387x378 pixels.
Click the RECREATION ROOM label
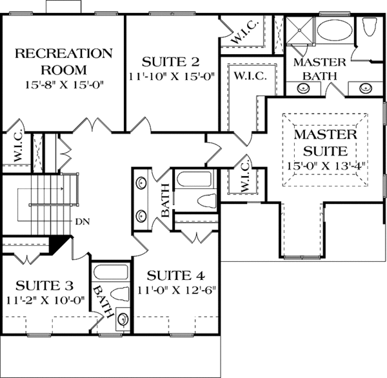64,60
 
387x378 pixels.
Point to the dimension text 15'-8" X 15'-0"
64,83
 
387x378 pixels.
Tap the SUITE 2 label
170,63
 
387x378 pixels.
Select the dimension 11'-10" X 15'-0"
170,76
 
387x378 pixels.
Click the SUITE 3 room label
45,284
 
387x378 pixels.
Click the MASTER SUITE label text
325,143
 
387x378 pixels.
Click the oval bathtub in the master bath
333,32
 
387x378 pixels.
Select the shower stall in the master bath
299,30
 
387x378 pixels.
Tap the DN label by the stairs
81,222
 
